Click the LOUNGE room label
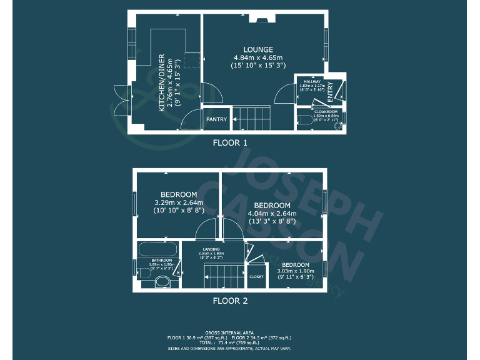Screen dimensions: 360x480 (x=258, y=50)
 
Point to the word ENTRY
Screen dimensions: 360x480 (x=330, y=91)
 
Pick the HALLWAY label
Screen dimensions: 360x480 (x=312, y=81)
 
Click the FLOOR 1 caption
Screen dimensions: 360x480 (x=230, y=142)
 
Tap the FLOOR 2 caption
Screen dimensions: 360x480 (x=230, y=301)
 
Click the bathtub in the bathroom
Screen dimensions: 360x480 (x=159, y=248)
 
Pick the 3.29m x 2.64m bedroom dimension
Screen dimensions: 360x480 (x=179, y=202)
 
